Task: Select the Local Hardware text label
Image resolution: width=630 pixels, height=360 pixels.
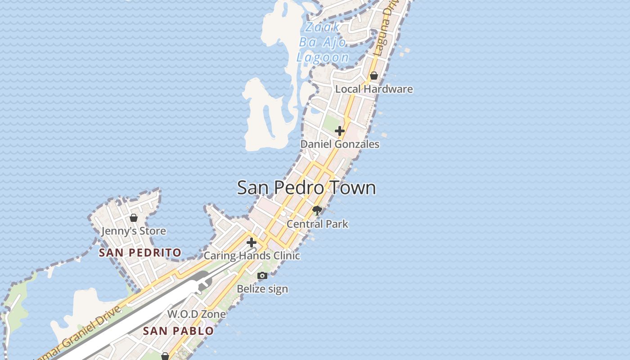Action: tap(374, 89)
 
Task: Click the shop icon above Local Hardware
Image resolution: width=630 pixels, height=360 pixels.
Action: tap(374, 76)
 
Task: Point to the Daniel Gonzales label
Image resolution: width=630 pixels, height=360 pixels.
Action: tap(340, 144)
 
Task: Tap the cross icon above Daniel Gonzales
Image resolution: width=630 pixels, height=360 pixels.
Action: tap(340, 131)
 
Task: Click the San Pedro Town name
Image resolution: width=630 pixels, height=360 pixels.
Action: tap(306, 188)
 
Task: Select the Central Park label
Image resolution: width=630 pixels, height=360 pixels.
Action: tap(317, 224)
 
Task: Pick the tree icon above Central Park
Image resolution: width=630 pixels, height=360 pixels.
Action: tap(317, 210)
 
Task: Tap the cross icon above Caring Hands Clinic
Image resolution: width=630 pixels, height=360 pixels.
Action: tap(252, 243)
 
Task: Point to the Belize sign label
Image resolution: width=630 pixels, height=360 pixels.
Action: tap(262, 289)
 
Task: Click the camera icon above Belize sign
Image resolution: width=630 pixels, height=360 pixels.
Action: tap(262, 275)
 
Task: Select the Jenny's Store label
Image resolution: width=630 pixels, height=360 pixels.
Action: tap(134, 231)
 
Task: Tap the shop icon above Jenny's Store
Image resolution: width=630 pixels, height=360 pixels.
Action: tap(134, 218)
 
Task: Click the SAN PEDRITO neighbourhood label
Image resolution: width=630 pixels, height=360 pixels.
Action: tap(140, 253)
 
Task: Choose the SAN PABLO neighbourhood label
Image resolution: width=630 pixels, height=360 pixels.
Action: tap(178, 331)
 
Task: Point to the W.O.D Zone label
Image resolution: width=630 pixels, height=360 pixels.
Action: tap(197, 314)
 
